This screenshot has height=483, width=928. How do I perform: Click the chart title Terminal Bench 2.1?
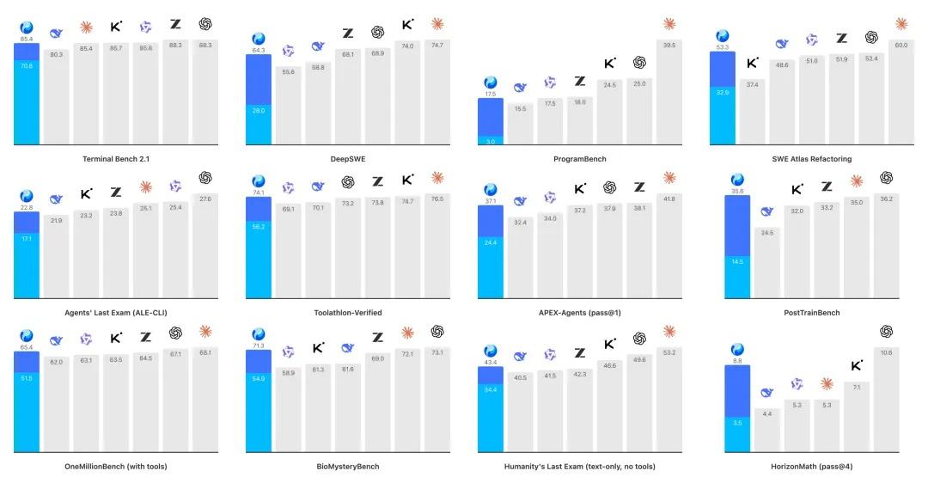pos(116,159)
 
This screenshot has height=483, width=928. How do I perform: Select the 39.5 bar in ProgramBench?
pos(669,92)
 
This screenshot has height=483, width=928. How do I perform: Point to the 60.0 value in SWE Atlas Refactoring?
pos(901,45)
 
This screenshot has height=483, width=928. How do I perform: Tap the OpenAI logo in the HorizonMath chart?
pos(886,332)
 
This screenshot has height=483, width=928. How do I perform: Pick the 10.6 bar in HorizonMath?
pos(886,400)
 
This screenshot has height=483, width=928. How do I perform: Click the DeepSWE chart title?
pos(348,159)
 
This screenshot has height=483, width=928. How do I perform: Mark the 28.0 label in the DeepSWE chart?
pos(259,111)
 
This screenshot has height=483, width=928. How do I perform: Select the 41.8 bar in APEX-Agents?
pos(669,246)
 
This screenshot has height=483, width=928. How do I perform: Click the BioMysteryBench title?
pos(348,467)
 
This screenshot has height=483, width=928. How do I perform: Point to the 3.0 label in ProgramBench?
pos(491,142)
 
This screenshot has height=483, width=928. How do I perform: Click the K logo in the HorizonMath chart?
pos(857,365)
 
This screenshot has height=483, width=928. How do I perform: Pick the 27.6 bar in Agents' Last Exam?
pos(205,246)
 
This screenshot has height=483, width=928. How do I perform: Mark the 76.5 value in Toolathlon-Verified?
pos(437,199)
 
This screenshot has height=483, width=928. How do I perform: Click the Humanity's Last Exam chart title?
pos(580,467)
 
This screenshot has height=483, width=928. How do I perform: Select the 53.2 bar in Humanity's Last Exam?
pos(669,400)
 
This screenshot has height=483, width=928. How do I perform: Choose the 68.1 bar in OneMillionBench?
pos(205,400)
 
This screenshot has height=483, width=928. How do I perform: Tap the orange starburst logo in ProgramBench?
pos(669,24)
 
